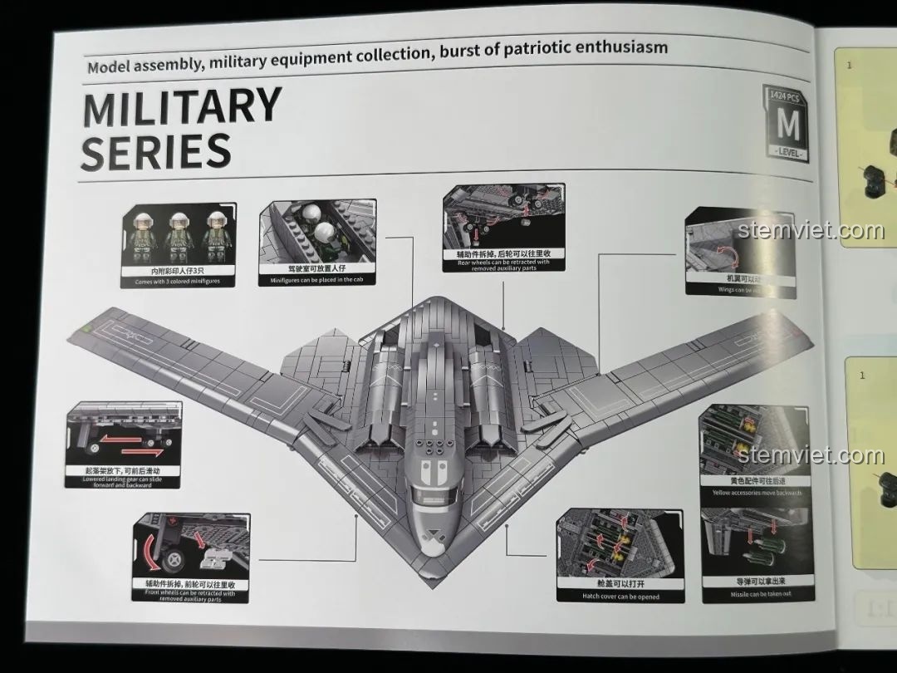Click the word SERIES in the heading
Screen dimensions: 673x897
pos(156,152)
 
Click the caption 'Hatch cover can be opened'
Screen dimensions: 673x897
pos(620,597)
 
